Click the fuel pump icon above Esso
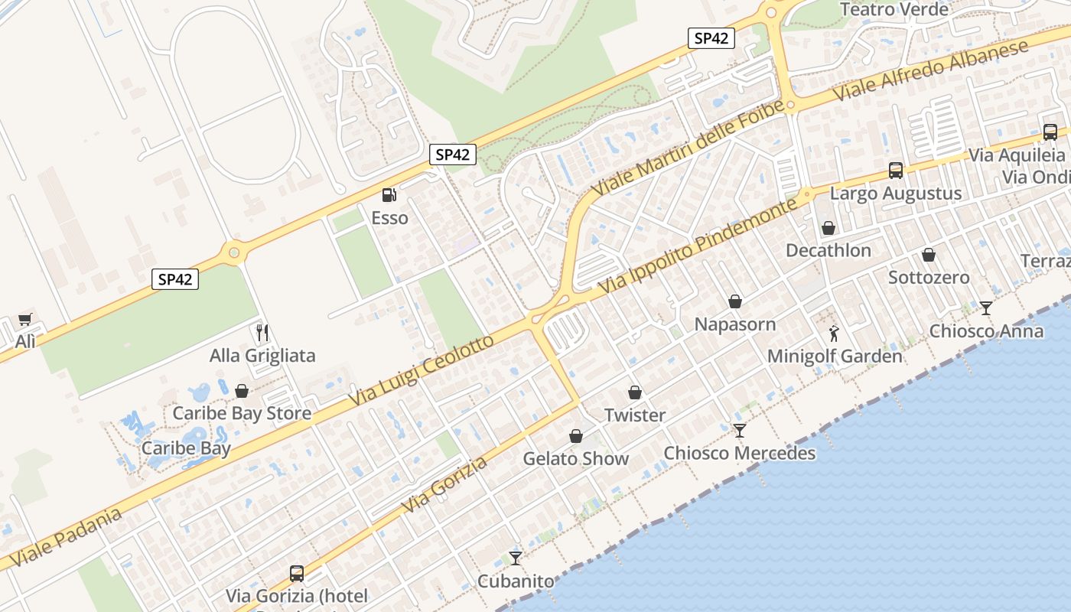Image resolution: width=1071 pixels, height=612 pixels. pos(389,195)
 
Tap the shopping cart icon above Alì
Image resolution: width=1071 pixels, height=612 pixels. pos(25,320)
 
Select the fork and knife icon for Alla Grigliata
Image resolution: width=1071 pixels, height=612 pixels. pos(262,332)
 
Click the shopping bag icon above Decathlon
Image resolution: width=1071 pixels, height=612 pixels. pos(828,228)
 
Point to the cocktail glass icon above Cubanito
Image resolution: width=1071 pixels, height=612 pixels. pos(516,558)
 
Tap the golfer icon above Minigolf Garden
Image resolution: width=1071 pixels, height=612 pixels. pos(834,334)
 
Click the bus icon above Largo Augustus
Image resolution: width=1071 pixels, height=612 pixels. pos(895,171)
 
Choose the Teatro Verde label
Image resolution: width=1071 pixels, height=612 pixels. pos(894,10)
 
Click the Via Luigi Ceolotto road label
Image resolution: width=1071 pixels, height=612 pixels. pos(422,372)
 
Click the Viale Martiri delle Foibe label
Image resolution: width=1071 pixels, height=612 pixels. pos(688,146)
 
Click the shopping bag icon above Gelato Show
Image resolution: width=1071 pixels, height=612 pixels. pos(576,436)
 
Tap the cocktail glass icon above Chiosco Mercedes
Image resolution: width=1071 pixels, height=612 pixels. pos(739,431)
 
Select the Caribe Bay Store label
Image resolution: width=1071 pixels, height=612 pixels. pos(242,414)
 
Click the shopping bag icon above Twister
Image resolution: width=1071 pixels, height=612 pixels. pos(635,392)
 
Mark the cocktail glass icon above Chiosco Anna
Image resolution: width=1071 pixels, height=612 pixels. pos(985,308)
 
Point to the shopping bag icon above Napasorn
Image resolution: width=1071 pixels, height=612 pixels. pos(734,301)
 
